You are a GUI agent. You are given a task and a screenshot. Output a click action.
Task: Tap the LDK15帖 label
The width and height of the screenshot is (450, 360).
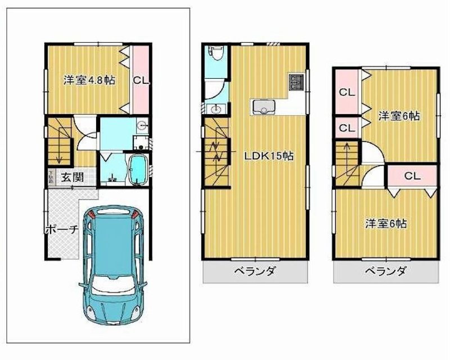[269, 156]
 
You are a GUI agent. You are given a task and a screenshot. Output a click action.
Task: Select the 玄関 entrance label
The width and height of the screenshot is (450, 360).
[72, 177]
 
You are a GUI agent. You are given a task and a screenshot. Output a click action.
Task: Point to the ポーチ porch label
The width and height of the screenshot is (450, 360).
[61, 230]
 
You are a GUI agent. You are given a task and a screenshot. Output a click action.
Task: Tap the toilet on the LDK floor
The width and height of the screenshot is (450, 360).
[217, 55]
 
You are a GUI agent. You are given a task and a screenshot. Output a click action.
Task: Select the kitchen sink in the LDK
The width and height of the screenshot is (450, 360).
[263, 106]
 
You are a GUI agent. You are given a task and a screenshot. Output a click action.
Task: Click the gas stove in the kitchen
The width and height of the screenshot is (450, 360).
[296, 82]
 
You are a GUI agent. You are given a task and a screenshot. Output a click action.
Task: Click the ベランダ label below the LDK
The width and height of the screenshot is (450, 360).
[255, 272]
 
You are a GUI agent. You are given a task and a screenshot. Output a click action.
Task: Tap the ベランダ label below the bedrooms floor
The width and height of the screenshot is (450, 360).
[385, 272]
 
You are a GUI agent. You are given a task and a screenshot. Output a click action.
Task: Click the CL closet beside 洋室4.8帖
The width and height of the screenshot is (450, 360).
[141, 80]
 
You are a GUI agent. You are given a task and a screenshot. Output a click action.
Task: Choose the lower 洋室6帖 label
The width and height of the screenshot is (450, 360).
[385, 223]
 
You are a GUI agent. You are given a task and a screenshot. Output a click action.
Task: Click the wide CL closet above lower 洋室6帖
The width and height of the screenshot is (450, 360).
[412, 176]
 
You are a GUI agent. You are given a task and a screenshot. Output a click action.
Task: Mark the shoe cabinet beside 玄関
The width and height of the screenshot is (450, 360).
[51, 177]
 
